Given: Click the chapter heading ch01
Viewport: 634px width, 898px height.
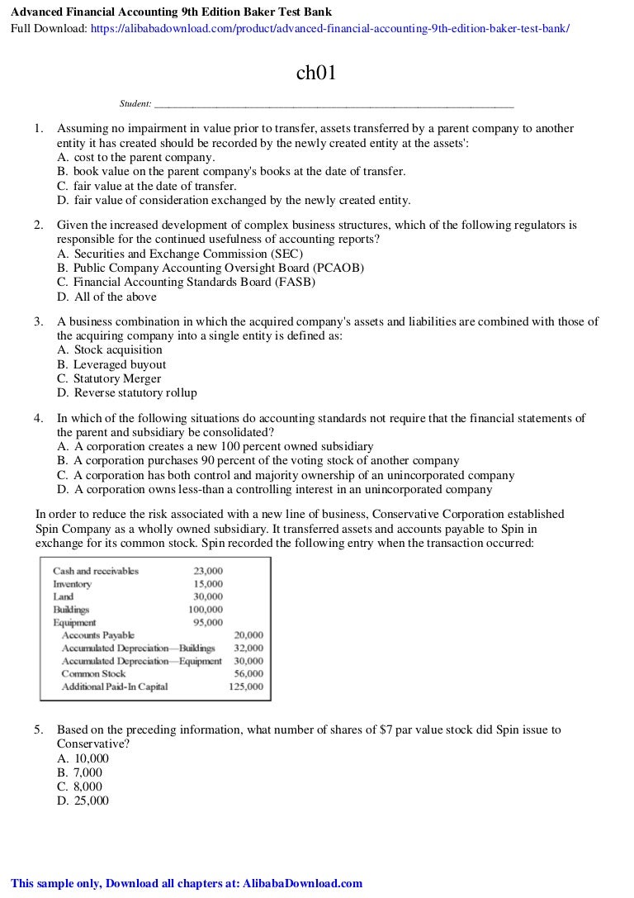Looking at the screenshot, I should [316, 74].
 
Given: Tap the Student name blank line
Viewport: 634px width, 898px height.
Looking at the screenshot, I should [334, 105].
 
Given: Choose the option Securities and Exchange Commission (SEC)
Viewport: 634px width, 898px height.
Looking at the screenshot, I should [180, 254].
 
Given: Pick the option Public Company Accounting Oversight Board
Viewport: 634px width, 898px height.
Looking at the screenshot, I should [211, 268].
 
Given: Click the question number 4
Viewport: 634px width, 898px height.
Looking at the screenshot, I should [38, 418].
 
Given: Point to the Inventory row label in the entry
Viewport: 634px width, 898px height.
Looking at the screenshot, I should [72, 584].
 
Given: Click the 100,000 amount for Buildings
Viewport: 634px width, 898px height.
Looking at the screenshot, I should [206, 610].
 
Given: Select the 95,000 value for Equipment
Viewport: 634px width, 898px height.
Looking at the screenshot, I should [208, 622].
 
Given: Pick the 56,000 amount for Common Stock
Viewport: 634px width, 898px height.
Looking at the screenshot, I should [248, 674].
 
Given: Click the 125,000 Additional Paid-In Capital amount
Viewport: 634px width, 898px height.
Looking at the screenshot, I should [246, 687].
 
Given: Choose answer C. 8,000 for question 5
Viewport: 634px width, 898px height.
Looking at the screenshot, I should [80, 786].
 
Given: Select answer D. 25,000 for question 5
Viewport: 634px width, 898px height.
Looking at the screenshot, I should [83, 801].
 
